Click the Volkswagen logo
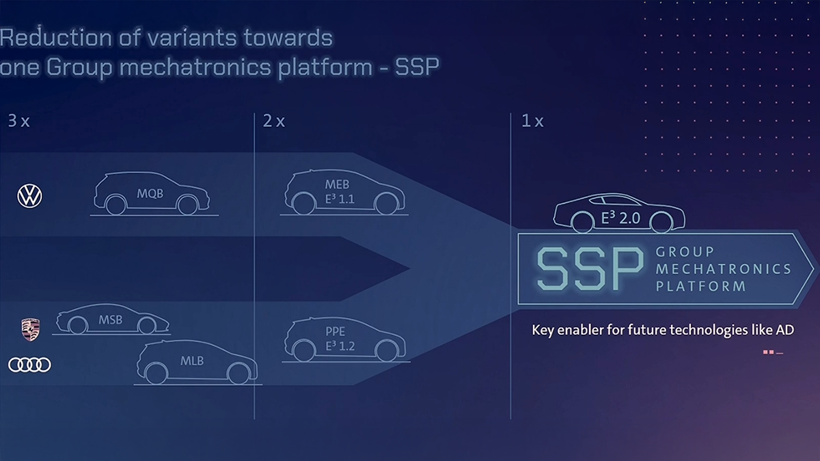(x=29, y=197)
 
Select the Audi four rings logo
(x=29, y=365)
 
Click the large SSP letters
(x=589, y=268)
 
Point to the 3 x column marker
(x=18, y=122)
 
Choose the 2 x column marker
(x=273, y=122)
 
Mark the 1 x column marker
(x=532, y=122)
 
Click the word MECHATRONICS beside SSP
(x=723, y=269)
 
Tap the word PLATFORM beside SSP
(x=700, y=287)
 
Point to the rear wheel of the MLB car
(x=157, y=374)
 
